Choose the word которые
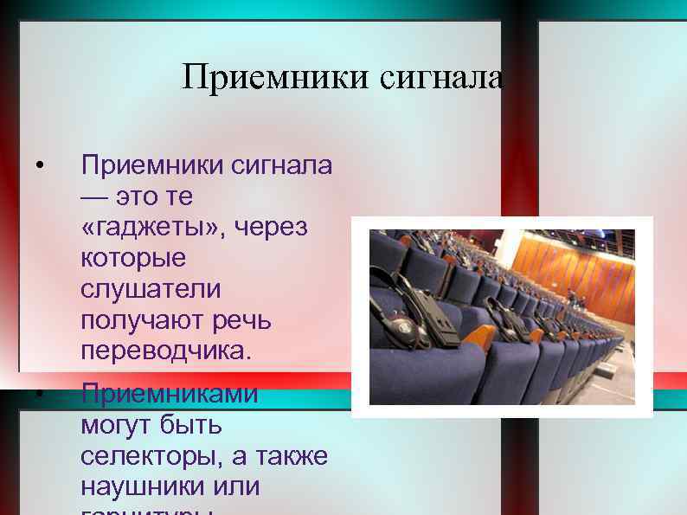click(x=132, y=259)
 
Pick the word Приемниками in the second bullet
click(x=169, y=394)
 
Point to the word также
click(x=292, y=456)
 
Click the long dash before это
click(x=95, y=197)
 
